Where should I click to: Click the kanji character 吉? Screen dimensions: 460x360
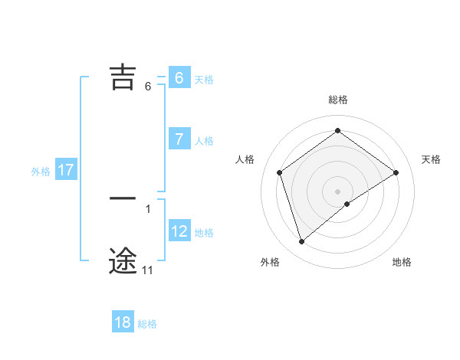123,77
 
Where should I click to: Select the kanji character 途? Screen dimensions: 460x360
123,260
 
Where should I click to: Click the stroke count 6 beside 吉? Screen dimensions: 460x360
148,86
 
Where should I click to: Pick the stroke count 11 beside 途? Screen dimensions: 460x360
147,270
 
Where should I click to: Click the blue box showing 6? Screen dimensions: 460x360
179,78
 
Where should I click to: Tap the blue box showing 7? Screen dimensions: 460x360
179,139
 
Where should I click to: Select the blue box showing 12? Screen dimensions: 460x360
179,231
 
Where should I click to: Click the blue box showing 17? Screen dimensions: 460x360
66,170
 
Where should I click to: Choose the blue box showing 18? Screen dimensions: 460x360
123,322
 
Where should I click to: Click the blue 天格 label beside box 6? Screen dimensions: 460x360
204,79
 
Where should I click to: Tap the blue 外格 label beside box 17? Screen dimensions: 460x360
41,172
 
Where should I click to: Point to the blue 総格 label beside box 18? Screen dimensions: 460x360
147,324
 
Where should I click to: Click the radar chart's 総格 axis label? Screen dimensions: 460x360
338,100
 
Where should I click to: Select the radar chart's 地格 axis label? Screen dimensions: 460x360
402,262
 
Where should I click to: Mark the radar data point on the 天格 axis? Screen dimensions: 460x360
396,172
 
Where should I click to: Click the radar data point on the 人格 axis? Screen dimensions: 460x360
280,172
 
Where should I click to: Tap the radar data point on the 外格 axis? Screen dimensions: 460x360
302,242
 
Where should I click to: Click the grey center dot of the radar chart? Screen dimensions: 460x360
338,191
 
